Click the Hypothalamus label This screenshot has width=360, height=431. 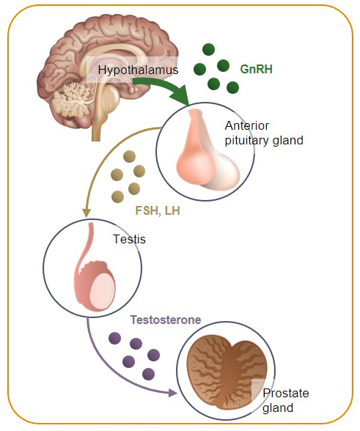click(138, 70)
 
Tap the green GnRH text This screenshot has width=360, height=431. click(256, 69)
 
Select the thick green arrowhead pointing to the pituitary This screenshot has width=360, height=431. click(180, 96)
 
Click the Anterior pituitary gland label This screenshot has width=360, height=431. click(264, 133)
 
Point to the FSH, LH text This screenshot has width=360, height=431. click(158, 211)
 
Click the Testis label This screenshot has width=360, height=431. click(129, 239)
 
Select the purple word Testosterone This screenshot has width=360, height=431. click(166, 320)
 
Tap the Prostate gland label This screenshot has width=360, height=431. click(286, 400)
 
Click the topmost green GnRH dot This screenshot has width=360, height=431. click(208, 50)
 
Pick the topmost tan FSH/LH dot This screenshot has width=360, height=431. click(129, 157)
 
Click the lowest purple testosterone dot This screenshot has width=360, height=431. click(149, 374)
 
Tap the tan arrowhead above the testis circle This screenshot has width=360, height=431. click(87, 213)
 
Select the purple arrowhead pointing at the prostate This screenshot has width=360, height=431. click(172, 393)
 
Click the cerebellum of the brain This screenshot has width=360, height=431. click(72, 99)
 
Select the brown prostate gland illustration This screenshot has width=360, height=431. click(227, 375)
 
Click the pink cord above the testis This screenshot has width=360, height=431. click(85, 248)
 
